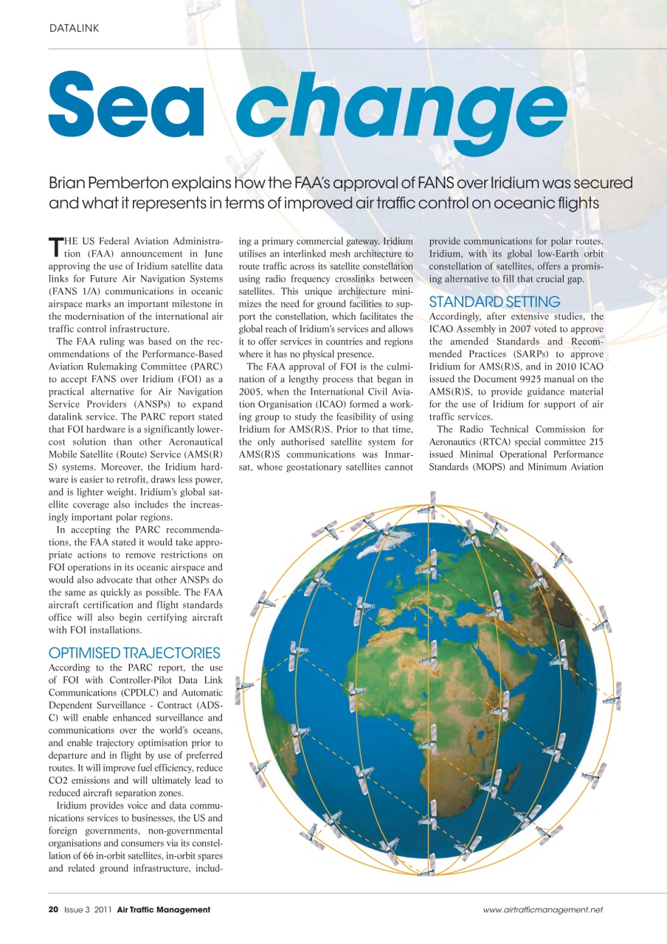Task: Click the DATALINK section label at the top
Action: [74, 28]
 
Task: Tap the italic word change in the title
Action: [402, 111]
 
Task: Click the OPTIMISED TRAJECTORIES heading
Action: [134, 653]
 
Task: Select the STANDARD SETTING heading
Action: [494, 302]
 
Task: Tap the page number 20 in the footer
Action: [53, 910]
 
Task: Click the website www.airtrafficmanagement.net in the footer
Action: [543, 910]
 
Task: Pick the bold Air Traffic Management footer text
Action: [164, 910]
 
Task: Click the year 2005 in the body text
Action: [255, 394]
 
